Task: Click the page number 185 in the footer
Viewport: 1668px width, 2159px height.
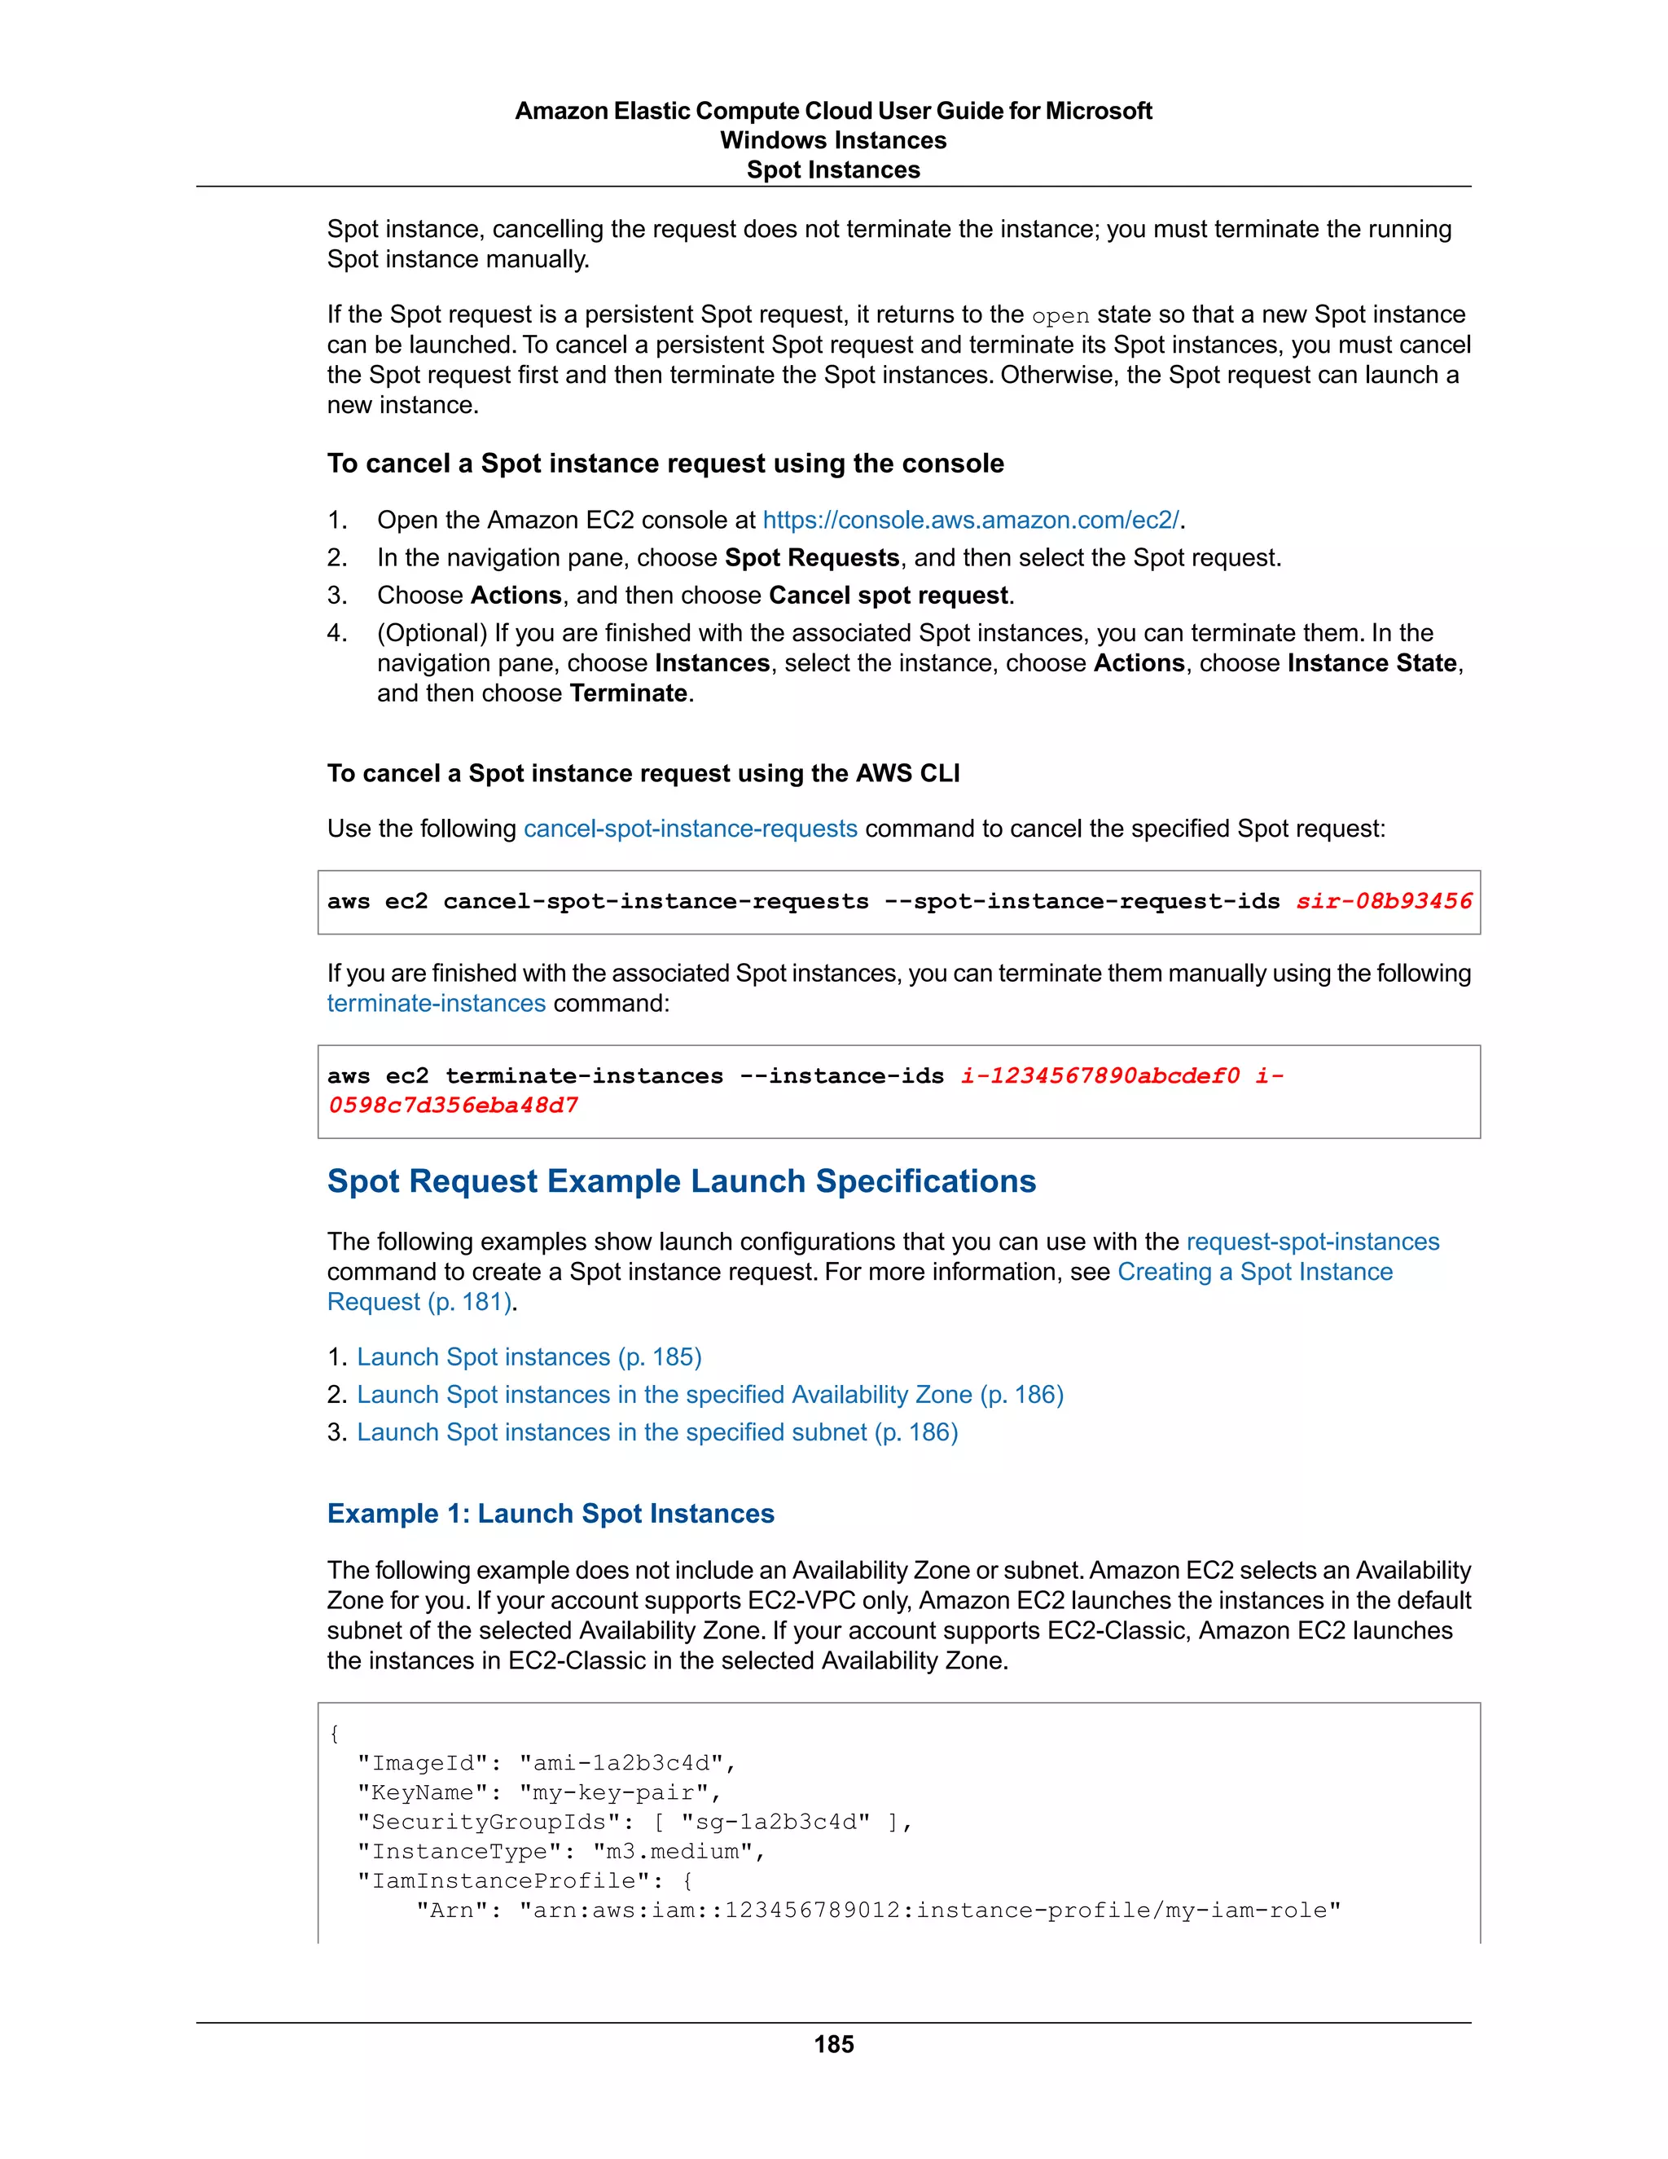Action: (833, 2043)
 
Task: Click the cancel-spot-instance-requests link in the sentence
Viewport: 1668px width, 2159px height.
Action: (690, 829)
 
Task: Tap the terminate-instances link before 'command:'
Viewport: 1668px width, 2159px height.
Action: (436, 1004)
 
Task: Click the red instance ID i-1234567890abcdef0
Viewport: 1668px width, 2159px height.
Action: (1100, 1075)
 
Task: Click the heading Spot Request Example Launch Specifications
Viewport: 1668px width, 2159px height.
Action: (681, 1181)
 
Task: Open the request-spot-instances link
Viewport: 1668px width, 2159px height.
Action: (1312, 1242)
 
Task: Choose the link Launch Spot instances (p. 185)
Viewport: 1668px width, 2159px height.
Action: (529, 1357)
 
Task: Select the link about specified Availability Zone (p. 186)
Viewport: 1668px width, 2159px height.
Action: (709, 1395)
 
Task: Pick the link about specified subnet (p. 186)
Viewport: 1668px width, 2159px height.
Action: (657, 1432)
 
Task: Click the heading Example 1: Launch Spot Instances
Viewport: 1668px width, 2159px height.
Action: (551, 1514)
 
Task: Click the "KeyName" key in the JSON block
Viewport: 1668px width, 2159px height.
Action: (422, 1792)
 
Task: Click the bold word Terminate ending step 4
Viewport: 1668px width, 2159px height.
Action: (629, 693)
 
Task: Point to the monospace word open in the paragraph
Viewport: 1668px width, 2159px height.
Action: (1060, 315)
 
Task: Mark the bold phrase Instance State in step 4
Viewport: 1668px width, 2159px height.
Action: (1372, 663)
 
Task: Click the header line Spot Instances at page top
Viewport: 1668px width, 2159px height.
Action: (833, 170)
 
